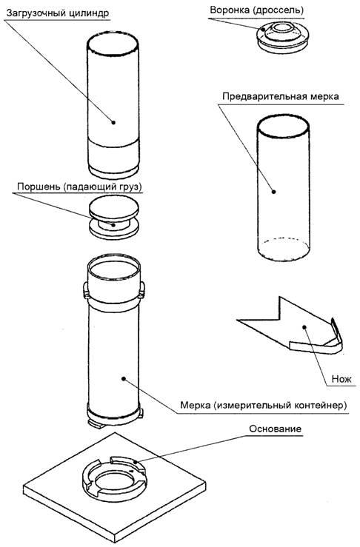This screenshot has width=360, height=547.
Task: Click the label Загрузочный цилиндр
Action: (x=58, y=13)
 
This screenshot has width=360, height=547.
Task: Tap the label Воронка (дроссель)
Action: (x=256, y=10)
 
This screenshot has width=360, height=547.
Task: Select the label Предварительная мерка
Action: (x=281, y=96)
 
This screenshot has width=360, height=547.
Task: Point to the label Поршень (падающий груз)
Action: (x=79, y=187)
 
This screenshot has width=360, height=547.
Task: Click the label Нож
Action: (x=341, y=378)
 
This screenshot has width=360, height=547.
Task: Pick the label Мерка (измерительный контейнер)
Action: (x=264, y=406)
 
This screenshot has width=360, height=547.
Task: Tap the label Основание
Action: (x=275, y=429)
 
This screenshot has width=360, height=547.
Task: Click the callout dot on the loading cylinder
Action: (x=113, y=122)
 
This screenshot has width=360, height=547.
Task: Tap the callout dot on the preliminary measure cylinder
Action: (x=274, y=191)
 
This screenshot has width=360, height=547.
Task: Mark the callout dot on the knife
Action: (x=304, y=327)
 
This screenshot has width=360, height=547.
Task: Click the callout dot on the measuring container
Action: (x=123, y=378)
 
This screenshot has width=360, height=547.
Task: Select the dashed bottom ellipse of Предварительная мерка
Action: (x=283, y=239)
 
